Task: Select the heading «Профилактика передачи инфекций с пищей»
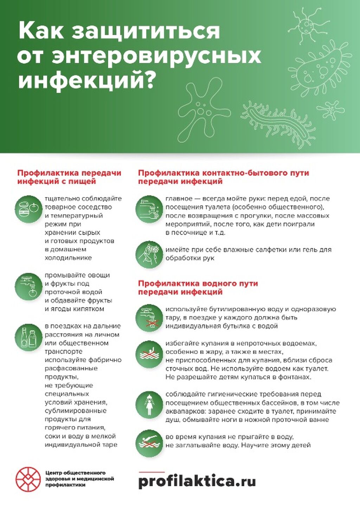[x=69, y=177]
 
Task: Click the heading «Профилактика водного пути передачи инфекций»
[x=198, y=287]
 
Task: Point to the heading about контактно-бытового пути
[x=223, y=177]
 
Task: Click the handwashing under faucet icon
[x=149, y=209]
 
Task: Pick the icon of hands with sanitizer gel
[x=149, y=254]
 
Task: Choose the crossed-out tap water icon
[x=149, y=318]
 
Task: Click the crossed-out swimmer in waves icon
[x=149, y=354]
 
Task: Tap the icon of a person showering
[x=149, y=405]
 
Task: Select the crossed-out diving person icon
[x=149, y=443]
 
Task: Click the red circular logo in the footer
[x=28, y=479]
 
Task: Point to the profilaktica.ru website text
[x=197, y=481]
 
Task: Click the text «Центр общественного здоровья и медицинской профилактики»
[x=79, y=479]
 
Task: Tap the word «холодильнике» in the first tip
[x=68, y=258]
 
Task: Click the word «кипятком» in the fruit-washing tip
[x=89, y=309]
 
